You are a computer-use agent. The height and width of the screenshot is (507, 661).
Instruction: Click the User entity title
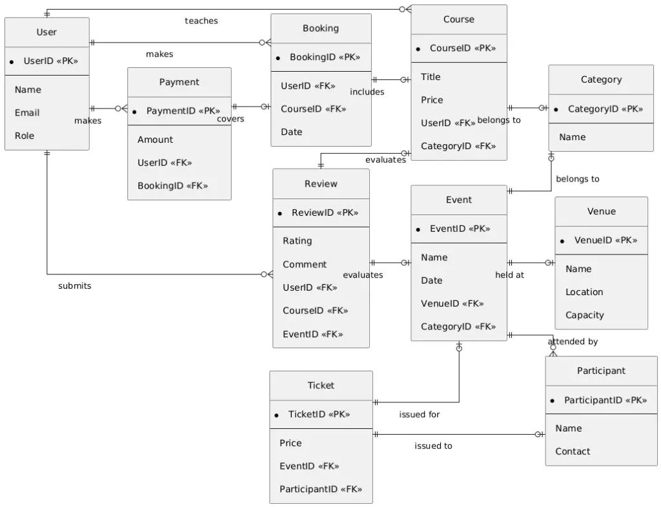pos(46,32)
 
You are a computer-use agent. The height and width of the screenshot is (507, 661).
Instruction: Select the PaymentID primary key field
pos(183,111)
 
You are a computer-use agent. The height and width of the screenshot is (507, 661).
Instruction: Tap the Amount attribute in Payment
pos(155,140)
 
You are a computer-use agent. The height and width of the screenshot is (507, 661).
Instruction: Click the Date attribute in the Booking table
pos(291,132)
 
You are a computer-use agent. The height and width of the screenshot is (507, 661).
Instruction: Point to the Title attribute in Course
pos(431,77)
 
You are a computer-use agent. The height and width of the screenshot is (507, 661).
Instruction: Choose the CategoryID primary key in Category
pos(605,109)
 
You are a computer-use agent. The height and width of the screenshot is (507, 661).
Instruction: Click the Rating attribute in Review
pos(297,241)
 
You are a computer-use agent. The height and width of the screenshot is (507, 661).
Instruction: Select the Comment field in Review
pos(305,264)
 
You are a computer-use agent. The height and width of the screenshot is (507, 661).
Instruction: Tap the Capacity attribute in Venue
pos(585,315)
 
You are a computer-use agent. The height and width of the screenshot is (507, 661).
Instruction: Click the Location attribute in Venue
pos(584,292)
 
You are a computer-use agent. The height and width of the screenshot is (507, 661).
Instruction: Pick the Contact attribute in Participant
pos(573,451)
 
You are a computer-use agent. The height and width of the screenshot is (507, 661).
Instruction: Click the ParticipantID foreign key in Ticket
pos(321,489)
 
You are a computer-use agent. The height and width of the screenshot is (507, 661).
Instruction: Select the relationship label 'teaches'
pos(201,21)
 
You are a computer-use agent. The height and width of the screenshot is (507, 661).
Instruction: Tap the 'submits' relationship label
pos(75,286)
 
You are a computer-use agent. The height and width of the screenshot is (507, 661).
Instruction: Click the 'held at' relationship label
pos(510,274)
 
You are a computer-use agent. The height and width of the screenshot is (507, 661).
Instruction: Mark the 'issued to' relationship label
pos(433,446)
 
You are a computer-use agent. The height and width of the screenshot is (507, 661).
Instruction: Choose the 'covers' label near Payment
pos(230,119)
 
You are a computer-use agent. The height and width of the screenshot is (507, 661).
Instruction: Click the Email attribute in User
pos(27,112)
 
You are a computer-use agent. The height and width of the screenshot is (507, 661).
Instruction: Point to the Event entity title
pos(459,200)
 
